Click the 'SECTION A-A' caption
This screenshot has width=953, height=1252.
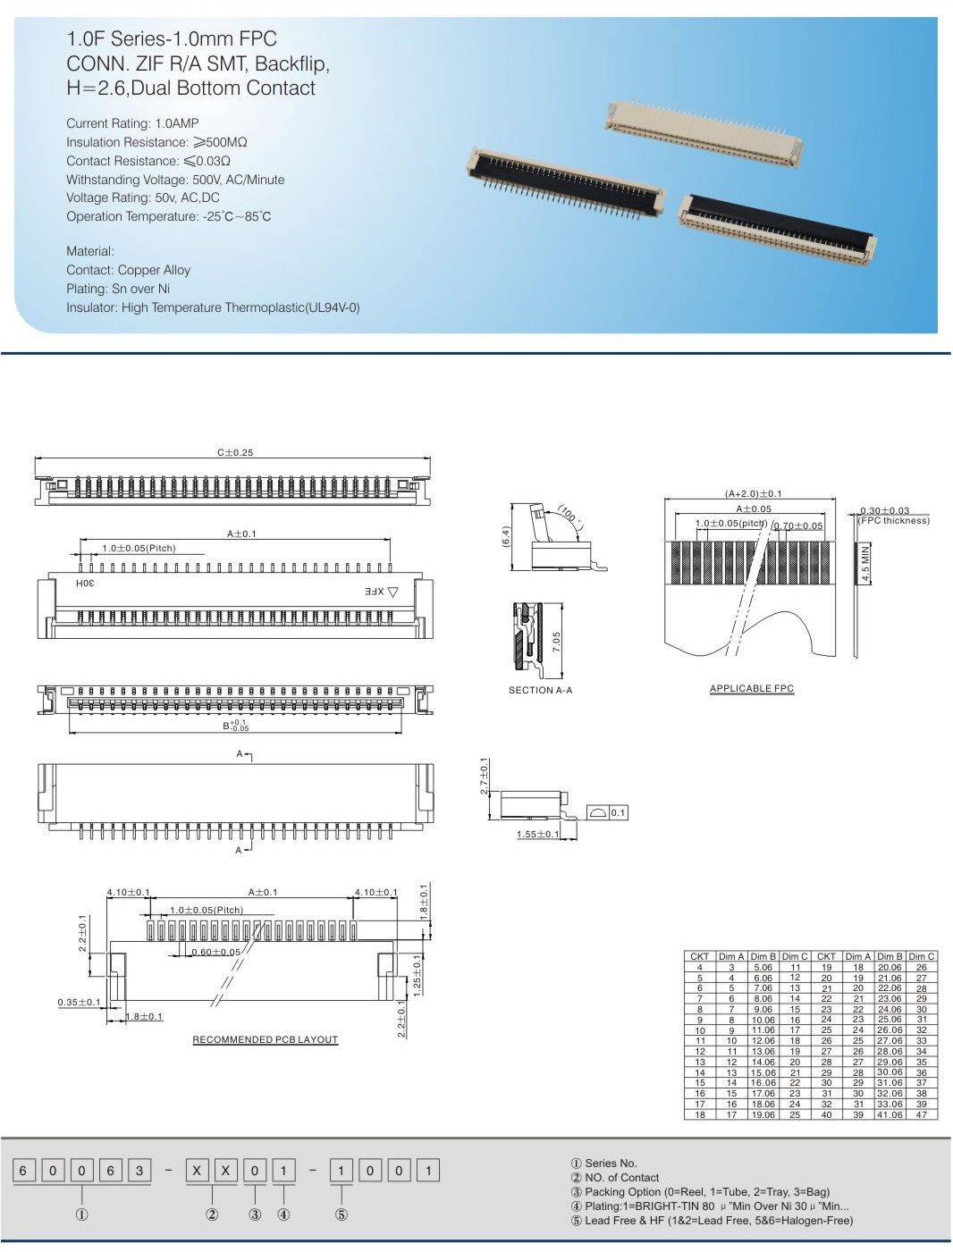coord(540,690)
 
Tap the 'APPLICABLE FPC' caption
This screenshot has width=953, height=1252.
coord(751,688)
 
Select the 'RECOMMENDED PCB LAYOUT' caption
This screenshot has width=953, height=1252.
coord(266,1039)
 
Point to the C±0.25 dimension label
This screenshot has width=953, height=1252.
coord(235,452)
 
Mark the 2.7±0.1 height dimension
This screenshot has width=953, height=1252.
coord(485,777)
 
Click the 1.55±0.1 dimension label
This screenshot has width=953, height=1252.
coord(538,835)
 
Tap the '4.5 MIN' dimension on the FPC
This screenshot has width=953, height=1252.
coord(865,563)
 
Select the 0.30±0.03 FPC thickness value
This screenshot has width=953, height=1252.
coord(884,510)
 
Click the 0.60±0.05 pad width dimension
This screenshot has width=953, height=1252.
coord(216,952)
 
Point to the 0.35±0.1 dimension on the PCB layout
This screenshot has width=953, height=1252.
coord(80,1003)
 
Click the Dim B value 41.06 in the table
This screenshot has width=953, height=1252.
coord(890,1114)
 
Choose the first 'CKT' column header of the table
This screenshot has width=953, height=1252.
coord(700,956)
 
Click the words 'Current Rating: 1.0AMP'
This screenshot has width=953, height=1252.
coord(132,123)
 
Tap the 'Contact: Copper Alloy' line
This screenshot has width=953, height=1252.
coord(128,270)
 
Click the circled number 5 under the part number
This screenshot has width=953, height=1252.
coord(342,1214)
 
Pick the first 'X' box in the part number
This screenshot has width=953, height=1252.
coord(198,1170)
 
